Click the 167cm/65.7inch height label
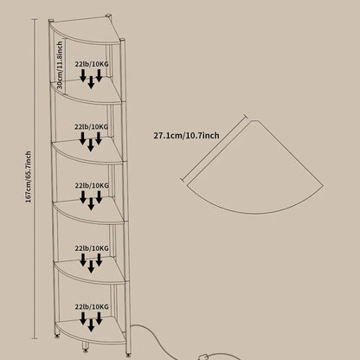click(x=29, y=177)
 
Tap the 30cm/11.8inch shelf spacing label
click(x=60, y=65)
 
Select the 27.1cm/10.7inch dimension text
click(x=186, y=136)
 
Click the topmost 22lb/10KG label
click(x=92, y=64)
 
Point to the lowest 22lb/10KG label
click(x=92, y=306)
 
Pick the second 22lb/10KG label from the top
click(x=92, y=126)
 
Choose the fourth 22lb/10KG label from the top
click(x=92, y=248)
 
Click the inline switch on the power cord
click(x=203, y=357)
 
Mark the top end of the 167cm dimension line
click(x=35, y=19)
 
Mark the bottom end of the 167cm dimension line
click(x=35, y=338)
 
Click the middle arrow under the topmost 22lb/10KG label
click(x=91, y=82)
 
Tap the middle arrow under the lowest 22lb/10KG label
click(x=91, y=325)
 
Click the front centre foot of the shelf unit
click(x=86, y=348)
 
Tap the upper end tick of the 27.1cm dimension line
click(x=246, y=116)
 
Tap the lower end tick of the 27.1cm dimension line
click(x=183, y=180)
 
